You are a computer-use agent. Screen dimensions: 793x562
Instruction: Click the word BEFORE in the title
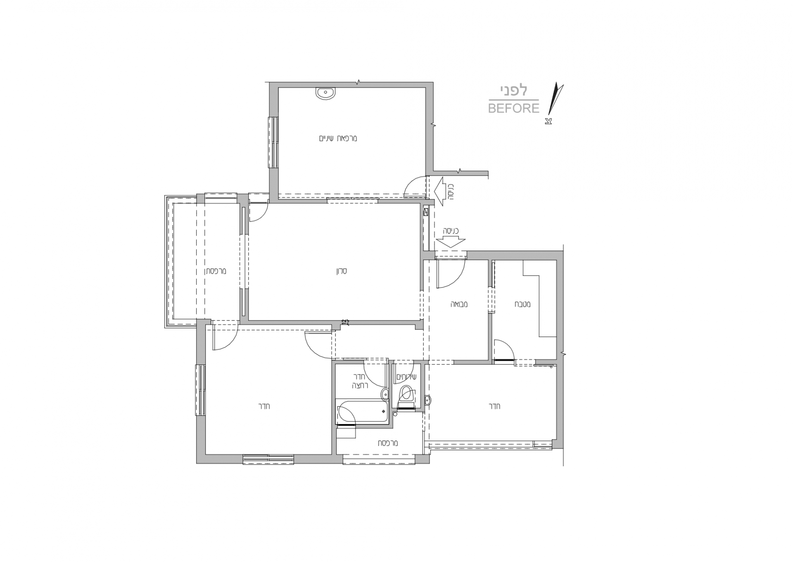pyautogui.click(x=514, y=108)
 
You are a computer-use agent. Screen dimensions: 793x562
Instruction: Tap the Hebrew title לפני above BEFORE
pyautogui.click(x=514, y=90)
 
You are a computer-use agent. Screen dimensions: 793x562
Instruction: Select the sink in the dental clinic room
pyautogui.click(x=326, y=93)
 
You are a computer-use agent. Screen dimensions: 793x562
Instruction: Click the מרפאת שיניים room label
pyautogui.click(x=338, y=138)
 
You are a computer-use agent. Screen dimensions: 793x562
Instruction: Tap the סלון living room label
pyautogui.click(x=341, y=271)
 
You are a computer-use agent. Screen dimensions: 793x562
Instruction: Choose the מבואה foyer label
pyautogui.click(x=459, y=304)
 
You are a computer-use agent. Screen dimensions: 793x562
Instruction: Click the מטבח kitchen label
pyautogui.click(x=522, y=304)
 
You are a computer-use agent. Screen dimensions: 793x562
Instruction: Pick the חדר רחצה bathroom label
pyautogui.click(x=360, y=381)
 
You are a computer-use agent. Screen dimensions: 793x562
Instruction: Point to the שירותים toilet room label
pyautogui.click(x=406, y=377)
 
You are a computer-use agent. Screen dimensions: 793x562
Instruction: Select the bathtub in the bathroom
pyautogui.click(x=362, y=411)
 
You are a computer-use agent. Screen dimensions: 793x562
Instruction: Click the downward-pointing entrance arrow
pyautogui.click(x=451, y=242)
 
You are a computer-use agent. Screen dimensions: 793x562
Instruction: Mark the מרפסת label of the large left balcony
pyautogui.click(x=216, y=271)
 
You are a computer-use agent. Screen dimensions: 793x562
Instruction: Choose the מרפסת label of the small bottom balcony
pyautogui.click(x=387, y=443)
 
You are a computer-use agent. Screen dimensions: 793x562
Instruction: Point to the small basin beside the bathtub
pyautogui.click(x=384, y=394)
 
